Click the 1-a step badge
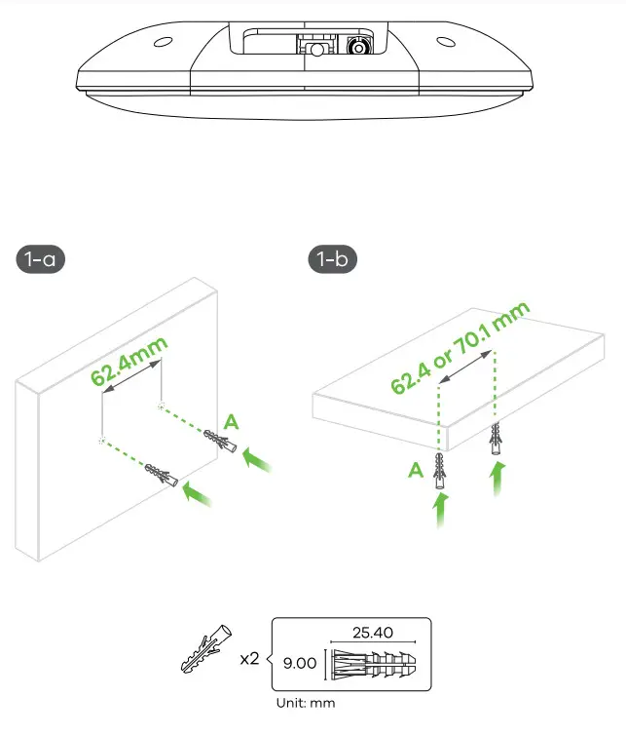(41, 260)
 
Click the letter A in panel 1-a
(231, 421)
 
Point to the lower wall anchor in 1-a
(163, 478)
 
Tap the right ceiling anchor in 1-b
(497, 441)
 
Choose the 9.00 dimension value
(300, 663)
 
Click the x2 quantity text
(250, 659)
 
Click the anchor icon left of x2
(206, 650)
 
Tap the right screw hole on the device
(444, 42)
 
